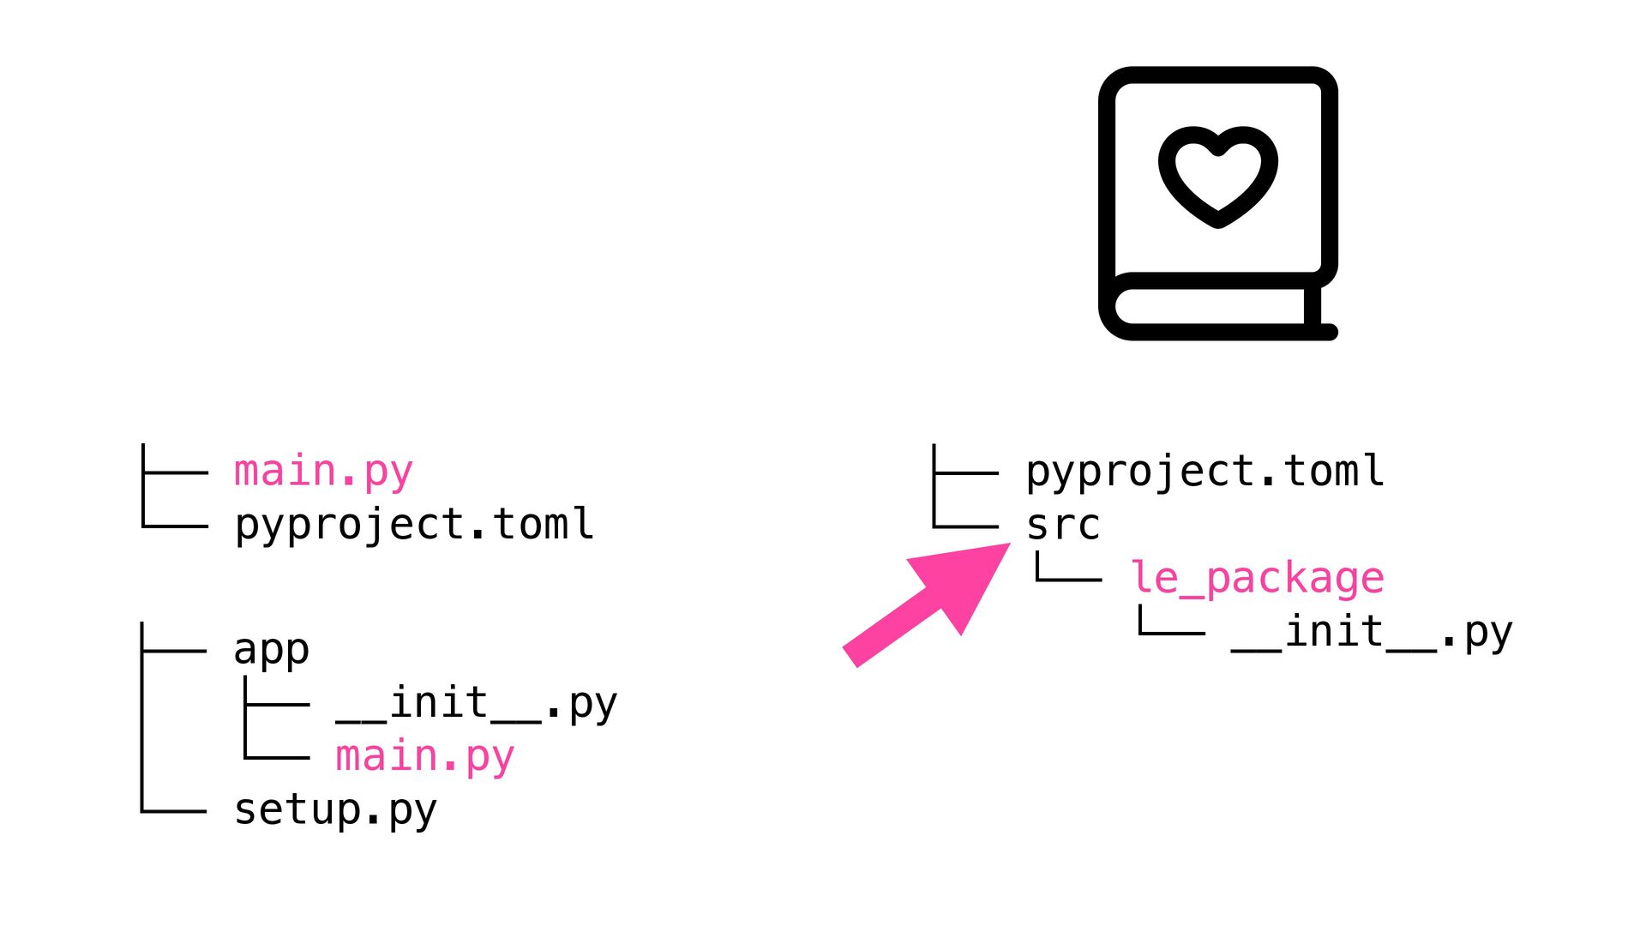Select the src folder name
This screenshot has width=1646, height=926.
(1063, 525)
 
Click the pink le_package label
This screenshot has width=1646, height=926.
(1257, 578)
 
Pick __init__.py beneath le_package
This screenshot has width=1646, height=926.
(1372, 633)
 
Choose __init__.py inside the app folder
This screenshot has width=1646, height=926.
(477, 704)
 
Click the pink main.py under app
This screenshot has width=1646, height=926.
(424, 757)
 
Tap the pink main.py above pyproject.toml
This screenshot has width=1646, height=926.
(323, 472)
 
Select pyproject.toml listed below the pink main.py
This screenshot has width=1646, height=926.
(414, 525)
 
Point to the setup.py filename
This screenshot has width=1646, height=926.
(335, 810)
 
